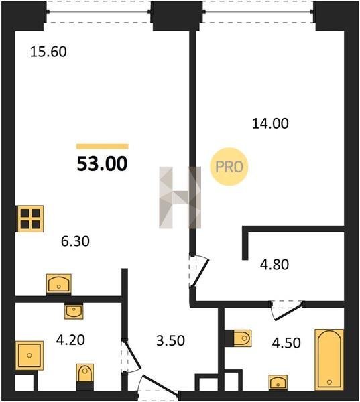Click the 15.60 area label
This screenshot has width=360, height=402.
[x=48, y=52]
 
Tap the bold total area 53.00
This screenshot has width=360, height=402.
[x=102, y=164]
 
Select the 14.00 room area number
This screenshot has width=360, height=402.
[x=270, y=123]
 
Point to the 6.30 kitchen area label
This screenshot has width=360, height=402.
[x=75, y=241]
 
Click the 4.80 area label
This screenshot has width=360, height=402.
[x=274, y=265]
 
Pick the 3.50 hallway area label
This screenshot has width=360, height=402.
[x=170, y=341]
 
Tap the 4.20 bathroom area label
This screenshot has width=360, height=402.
[x=70, y=340]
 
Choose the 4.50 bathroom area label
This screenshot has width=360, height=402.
[x=286, y=343]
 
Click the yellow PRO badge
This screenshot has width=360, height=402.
[x=229, y=167]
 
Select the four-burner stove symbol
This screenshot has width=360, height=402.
[x=31, y=218]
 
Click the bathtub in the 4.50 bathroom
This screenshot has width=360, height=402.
[x=329, y=359]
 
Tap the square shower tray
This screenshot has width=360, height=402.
[x=29, y=355]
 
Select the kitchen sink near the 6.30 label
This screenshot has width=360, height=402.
[x=59, y=284]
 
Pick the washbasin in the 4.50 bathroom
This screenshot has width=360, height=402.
[x=278, y=383]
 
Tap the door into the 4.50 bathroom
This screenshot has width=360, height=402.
[x=288, y=310]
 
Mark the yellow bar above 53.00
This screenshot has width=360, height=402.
[x=103, y=147]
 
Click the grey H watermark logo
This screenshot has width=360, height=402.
[x=180, y=198]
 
